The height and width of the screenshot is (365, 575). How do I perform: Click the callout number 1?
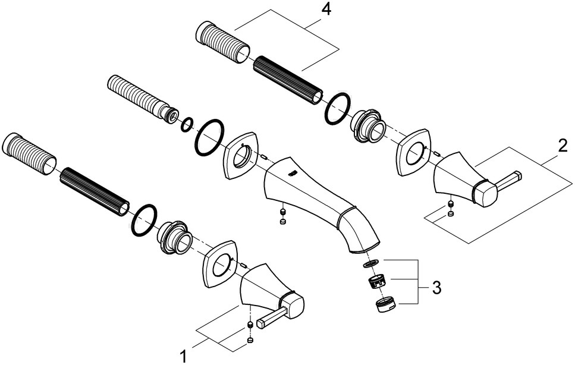tap(183, 355)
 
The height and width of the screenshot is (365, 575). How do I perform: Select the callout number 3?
tap(436, 289)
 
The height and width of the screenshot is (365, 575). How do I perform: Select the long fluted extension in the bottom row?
tap(94, 190)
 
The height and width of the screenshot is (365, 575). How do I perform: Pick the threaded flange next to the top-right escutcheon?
tap(369, 125)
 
